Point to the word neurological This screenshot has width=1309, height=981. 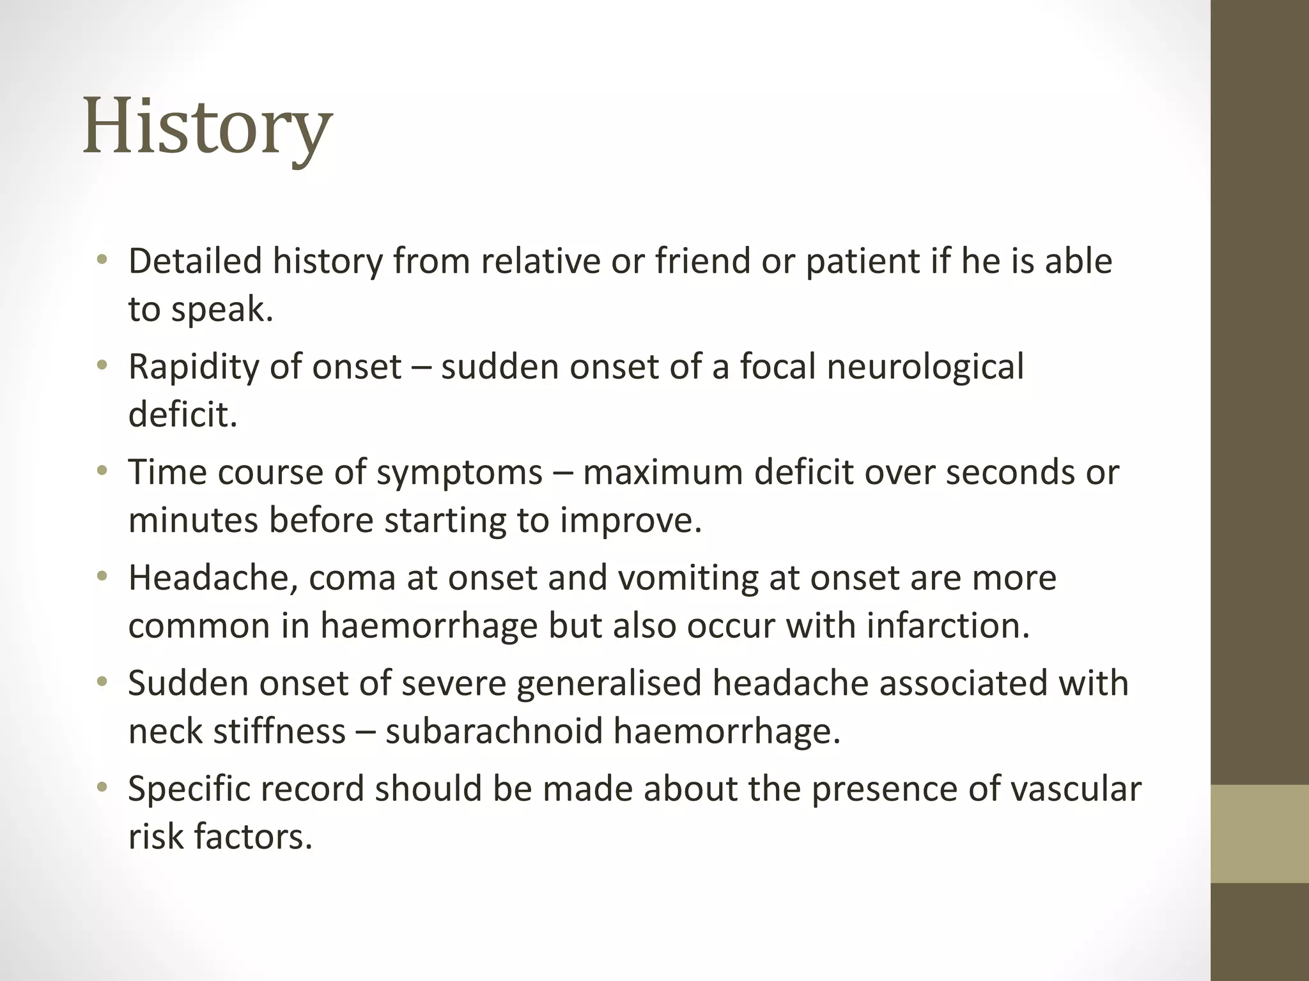(x=925, y=367)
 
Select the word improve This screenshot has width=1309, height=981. (x=630, y=520)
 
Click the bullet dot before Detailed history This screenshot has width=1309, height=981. (x=102, y=260)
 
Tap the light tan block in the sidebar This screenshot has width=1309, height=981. (x=1260, y=833)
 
